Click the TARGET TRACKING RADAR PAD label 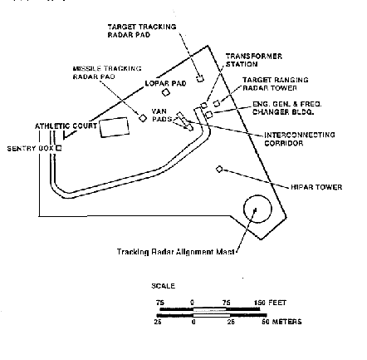[142, 30]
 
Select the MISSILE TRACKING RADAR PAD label [106, 71]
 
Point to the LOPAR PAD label [163, 83]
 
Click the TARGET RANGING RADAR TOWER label [274, 83]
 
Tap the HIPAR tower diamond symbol [219, 169]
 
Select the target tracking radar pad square [200, 80]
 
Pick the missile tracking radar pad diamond [142, 117]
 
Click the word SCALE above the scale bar [163, 286]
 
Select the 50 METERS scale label [282, 321]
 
